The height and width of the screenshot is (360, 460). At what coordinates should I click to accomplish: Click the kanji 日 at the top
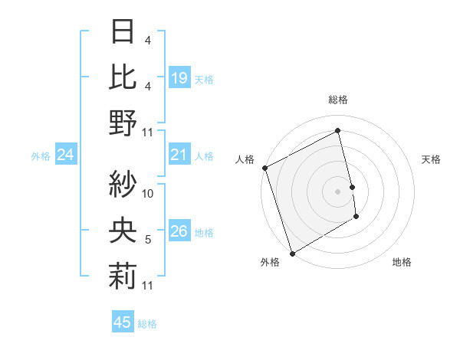pos(123,33)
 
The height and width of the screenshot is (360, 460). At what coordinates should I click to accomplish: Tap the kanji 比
pos(123,77)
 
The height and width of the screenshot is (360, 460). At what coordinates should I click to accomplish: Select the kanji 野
pos(123,122)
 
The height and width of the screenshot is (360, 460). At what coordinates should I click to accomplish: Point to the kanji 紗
pos(123,183)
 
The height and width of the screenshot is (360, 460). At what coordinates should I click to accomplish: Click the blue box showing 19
pos(179,78)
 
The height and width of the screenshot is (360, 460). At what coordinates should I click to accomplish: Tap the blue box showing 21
pos(179,155)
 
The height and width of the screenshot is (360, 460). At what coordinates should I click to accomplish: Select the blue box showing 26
pos(179,232)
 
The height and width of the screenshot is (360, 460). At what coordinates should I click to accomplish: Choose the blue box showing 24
pos(66,155)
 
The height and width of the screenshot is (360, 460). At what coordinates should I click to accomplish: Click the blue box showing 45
pos(123,322)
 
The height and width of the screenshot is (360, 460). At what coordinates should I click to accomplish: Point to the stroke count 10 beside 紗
pos(149,194)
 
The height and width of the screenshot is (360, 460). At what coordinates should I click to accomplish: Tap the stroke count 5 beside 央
pos(148,240)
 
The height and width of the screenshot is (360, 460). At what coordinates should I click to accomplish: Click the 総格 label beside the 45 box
pos(147,323)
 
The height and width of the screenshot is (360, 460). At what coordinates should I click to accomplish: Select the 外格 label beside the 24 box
pos(41,156)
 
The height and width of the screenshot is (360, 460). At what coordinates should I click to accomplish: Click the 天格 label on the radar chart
pos(432,159)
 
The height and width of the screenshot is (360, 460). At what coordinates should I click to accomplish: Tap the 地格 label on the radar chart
pos(402,262)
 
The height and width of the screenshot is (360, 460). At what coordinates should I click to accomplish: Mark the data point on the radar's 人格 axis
pos(264,168)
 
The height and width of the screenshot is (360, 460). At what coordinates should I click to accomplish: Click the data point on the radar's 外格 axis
pos(292,253)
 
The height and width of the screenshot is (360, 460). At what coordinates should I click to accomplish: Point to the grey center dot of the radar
pos(337,191)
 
